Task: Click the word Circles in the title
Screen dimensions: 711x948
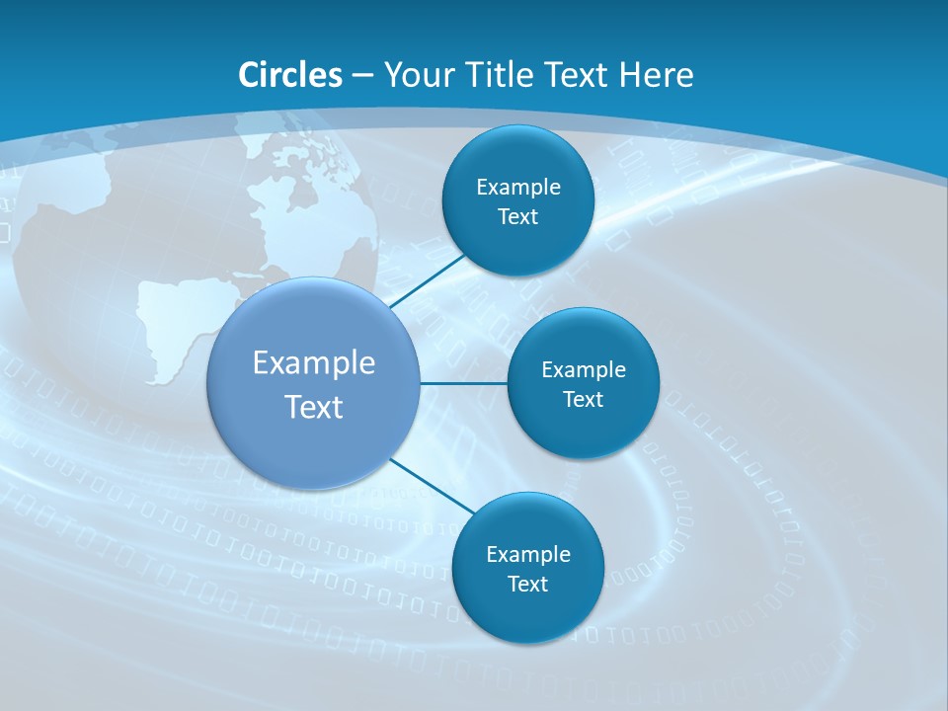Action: [x=290, y=75]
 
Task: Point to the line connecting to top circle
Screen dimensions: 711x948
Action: [x=427, y=279]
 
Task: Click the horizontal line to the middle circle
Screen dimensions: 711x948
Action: [x=463, y=383]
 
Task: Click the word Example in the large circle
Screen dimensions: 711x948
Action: [x=314, y=363]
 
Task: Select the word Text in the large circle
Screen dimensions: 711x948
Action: [x=314, y=407]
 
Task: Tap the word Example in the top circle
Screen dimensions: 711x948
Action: [x=518, y=188]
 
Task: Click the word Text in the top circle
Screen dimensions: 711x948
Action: [x=517, y=217]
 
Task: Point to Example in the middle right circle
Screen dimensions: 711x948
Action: [x=584, y=370]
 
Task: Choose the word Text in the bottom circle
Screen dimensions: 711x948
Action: [x=527, y=585]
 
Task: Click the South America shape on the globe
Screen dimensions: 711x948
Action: [x=183, y=326]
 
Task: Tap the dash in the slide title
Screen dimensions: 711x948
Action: [x=361, y=76]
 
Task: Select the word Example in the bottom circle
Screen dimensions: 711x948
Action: [x=528, y=555]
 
